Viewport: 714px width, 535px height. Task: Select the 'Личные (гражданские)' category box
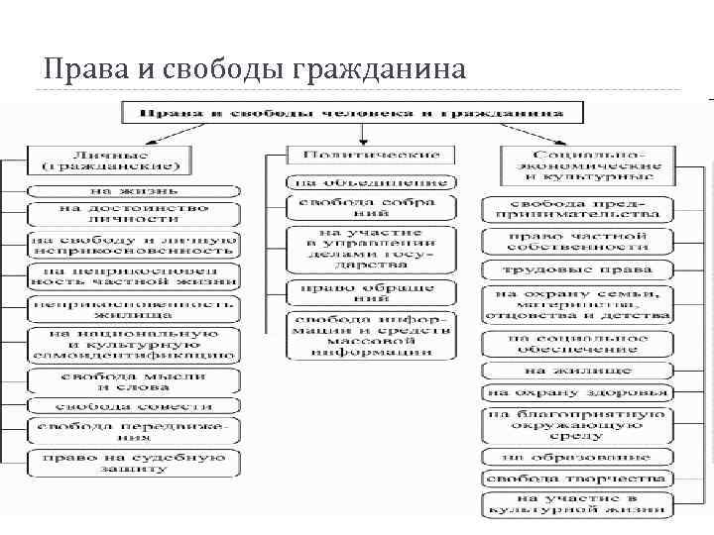click(110, 160)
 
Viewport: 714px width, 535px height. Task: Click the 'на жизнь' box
click(133, 189)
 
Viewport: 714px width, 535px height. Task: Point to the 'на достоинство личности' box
click(133, 215)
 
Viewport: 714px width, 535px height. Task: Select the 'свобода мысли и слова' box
click(133, 381)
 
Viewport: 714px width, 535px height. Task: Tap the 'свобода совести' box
click(133, 406)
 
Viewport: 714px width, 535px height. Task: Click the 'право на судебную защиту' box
click(133, 463)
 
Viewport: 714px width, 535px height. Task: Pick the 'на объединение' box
click(371, 182)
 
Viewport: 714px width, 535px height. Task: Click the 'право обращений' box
click(371, 292)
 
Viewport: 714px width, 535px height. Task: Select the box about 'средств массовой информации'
click(371, 335)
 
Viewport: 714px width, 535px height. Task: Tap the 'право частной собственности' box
click(578, 241)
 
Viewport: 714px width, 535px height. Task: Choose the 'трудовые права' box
click(578, 268)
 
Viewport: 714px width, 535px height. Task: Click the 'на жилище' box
click(578, 370)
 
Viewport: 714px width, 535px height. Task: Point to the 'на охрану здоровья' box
click(578, 392)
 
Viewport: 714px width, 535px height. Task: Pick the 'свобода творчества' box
click(578, 479)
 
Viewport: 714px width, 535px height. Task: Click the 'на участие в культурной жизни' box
click(578, 504)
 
